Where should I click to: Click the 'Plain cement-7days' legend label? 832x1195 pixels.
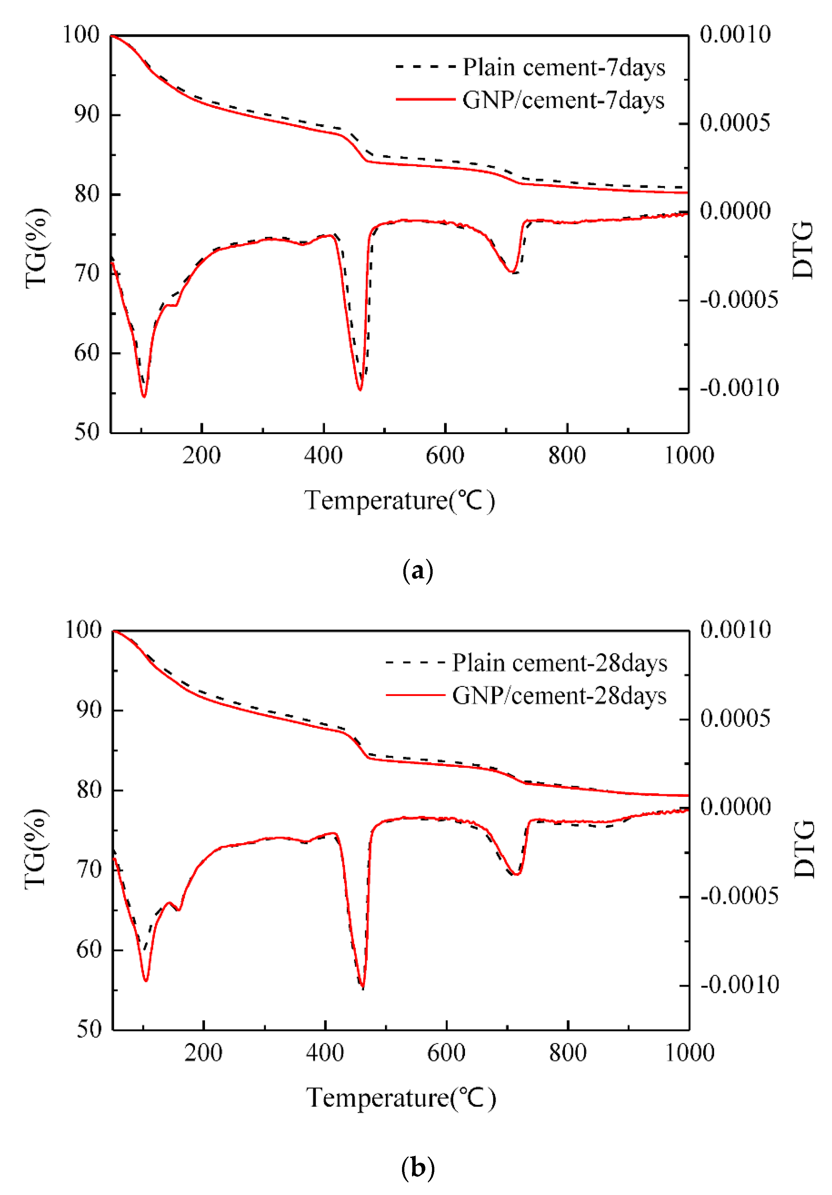coord(564,68)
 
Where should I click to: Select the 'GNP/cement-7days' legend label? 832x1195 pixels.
coord(563,100)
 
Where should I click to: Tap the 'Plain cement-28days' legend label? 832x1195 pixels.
coord(559,663)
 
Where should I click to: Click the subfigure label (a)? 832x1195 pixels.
coord(418,571)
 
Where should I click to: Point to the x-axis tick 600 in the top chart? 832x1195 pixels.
coord(445,455)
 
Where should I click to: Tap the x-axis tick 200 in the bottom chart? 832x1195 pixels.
coord(203,1052)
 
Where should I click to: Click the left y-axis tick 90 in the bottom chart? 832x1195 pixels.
coord(89,710)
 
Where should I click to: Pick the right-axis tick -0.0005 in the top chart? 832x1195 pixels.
coord(739,300)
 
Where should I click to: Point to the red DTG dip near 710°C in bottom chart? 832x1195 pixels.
coord(515,874)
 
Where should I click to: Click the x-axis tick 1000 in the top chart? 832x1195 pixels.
coord(689,455)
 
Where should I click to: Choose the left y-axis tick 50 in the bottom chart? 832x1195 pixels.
coord(89,1029)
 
